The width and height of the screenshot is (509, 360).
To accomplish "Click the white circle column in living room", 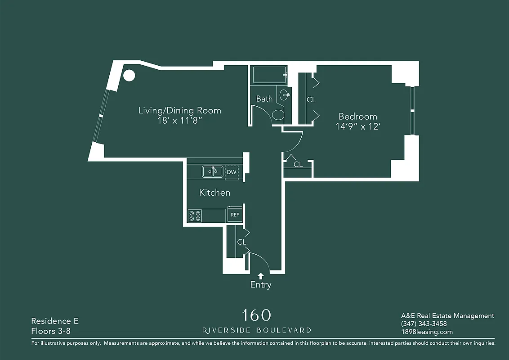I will click(x=129, y=75).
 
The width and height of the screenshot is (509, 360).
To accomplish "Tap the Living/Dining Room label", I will click(x=179, y=110).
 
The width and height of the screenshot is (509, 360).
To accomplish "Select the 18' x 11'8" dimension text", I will click(x=179, y=121).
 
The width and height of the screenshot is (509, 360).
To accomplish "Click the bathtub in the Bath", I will click(x=269, y=75).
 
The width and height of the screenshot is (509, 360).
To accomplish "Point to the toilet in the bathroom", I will click(x=278, y=115).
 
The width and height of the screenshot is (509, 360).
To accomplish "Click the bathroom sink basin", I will click(x=285, y=95).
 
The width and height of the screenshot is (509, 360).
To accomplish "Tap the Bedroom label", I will click(x=357, y=117).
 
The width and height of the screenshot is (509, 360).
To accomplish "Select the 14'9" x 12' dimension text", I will click(x=357, y=127).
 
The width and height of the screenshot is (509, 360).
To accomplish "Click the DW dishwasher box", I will click(x=232, y=172).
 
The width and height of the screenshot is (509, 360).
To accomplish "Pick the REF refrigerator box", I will click(x=235, y=215).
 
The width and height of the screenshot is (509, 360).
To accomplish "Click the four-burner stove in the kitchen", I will click(x=195, y=216).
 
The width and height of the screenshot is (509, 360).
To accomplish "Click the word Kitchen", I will click(x=214, y=193).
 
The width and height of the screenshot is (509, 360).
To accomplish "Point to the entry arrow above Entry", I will click(x=261, y=275).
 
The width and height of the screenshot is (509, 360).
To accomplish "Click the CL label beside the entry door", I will click(x=242, y=242).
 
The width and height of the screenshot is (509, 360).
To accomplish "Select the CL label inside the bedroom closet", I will click(x=311, y=100).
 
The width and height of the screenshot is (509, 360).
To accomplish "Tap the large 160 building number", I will click(x=256, y=315).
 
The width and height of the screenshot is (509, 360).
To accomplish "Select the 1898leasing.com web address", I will click(x=427, y=332).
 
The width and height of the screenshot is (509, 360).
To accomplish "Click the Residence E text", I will click(x=55, y=321).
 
